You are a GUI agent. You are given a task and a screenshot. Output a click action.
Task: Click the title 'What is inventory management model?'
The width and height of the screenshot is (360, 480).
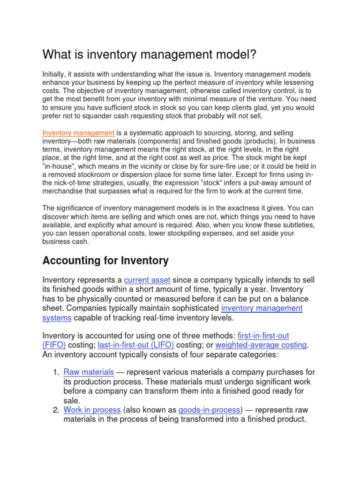[x=150, y=54]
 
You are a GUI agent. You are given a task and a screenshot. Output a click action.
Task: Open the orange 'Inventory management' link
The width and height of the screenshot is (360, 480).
[x=78, y=134]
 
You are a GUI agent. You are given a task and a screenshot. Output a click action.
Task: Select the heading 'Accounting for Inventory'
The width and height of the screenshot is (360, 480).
[x=105, y=260]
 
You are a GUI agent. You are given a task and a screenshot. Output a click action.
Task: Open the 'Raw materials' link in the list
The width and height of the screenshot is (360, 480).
[x=89, y=372]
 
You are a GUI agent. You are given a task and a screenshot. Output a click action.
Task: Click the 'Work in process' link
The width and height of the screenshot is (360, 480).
[x=92, y=410]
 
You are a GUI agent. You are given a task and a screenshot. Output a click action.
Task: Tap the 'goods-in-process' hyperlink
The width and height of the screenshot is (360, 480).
[x=210, y=410]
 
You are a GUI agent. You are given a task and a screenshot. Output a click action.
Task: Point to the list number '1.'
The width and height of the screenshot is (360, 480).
[x=55, y=372]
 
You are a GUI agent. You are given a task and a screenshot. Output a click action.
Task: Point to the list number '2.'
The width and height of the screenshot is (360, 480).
[x=55, y=410]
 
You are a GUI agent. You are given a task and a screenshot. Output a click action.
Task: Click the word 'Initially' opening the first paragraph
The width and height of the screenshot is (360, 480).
[x=54, y=75]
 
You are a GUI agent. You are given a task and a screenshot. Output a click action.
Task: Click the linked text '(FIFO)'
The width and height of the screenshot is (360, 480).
[x=54, y=345]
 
